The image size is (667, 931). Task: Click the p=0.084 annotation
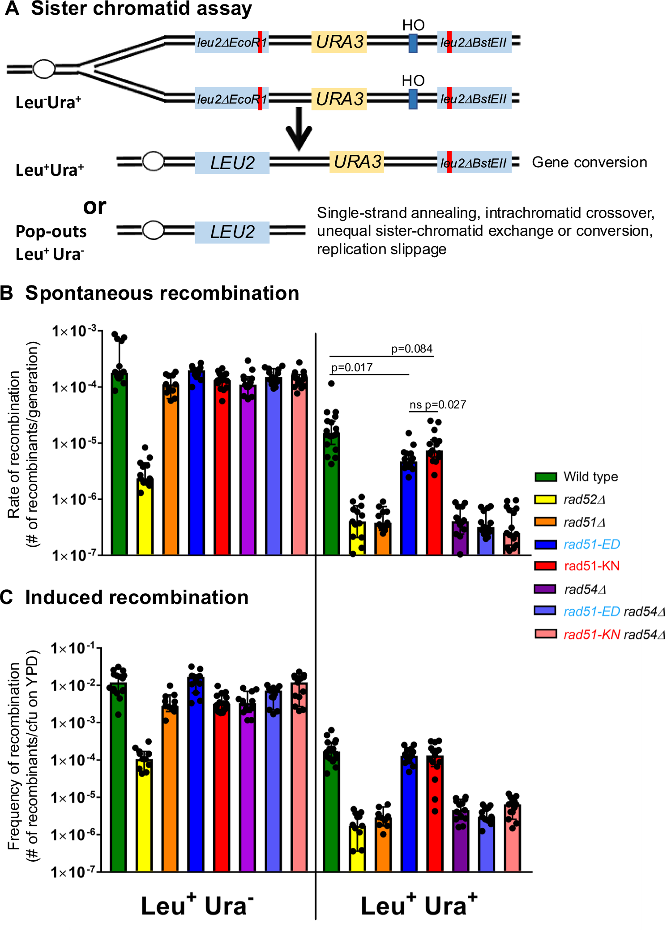(x=411, y=349)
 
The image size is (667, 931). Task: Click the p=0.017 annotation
(x=352, y=368)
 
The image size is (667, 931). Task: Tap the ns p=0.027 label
(x=437, y=405)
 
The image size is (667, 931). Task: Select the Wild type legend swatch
(x=546, y=477)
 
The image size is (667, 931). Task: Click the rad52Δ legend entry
(x=584, y=499)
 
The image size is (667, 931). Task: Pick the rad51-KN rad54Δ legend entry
(x=614, y=634)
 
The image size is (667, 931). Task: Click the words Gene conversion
(x=589, y=162)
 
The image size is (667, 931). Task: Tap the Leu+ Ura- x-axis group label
(x=197, y=905)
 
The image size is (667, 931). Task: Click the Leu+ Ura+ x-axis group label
(x=419, y=905)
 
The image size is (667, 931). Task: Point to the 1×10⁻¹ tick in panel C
(x=73, y=648)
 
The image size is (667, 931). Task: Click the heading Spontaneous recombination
(x=162, y=293)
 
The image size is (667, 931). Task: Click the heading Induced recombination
(x=137, y=598)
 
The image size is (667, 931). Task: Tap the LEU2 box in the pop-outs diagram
(x=232, y=232)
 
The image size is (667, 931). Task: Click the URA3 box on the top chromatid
(x=339, y=42)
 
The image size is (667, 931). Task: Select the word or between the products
(x=94, y=206)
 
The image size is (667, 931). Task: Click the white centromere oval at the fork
(x=44, y=69)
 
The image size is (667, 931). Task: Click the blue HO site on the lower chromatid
(x=413, y=99)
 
